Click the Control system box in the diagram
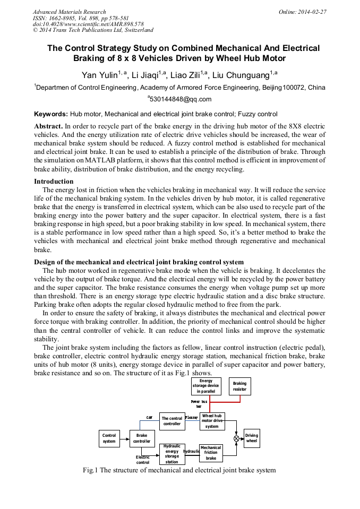coord(109,438)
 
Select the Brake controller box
coord(142,438)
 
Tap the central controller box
coord(172,421)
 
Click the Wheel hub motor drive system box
coord(212,421)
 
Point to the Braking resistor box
coord(239,386)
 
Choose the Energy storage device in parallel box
coord(206,386)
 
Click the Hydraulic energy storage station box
coord(172,454)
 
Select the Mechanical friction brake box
coord(211,453)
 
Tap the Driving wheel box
coord(252,438)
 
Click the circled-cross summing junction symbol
coord(236,438)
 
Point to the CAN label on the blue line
coord(149,418)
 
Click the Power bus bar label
coord(199,404)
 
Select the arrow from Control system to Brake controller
coord(125,438)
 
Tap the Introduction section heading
coord(54,182)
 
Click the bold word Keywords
coord(51,114)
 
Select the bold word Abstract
coord(48,127)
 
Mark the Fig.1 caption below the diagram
coord(179,470)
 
